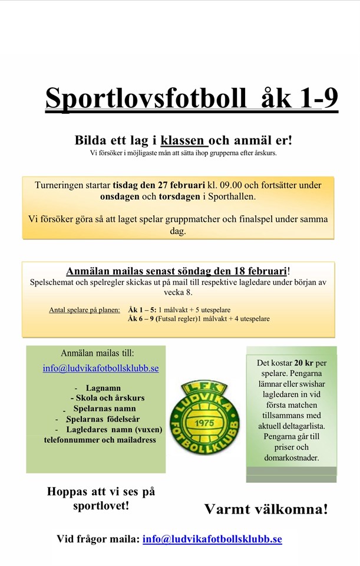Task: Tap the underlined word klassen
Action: [183, 141]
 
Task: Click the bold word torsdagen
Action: [180, 196]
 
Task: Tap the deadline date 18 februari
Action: [256, 271]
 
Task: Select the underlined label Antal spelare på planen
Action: [84, 310]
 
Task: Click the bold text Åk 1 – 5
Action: [142, 310]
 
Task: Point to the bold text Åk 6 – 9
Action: [142, 319]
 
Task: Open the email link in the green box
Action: [101, 368]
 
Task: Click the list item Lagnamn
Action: [103, 389]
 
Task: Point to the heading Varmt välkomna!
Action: [266, 509]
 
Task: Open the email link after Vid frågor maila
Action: [212, 539]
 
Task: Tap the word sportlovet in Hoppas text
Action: [101, 506]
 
